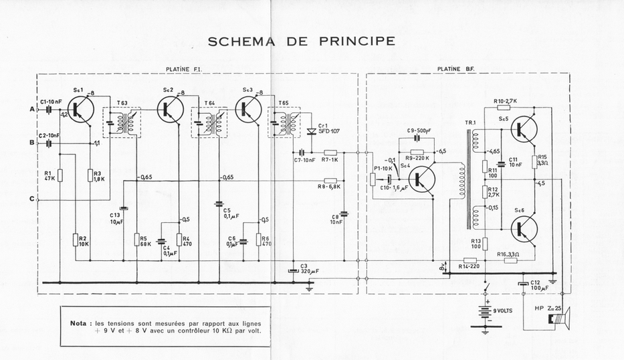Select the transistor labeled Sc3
[249, 110]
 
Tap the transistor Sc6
[525, 229]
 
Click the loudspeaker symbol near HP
[558, 321]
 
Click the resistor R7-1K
[329, 152]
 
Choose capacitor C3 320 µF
[293, 270]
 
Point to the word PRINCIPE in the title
[357, 41]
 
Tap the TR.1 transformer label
[470, 122]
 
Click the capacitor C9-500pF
[417, 138]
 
